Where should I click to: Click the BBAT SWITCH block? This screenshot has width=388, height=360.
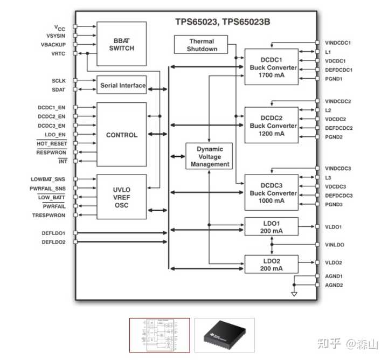(121, 44)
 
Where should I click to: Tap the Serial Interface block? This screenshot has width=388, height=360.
(122, 85)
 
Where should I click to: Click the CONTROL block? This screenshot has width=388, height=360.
(121, 135)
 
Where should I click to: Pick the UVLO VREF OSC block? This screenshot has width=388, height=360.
(121, 197)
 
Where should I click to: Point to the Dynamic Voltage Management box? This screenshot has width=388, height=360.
(210, 156)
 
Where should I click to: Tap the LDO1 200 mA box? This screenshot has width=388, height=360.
(271, 227)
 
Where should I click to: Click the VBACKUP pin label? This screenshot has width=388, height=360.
(53, 44)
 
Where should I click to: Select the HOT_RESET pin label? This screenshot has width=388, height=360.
(52, 144)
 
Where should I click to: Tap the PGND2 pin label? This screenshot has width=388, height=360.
(334, 137)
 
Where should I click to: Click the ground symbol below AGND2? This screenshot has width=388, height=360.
(294, 294)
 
